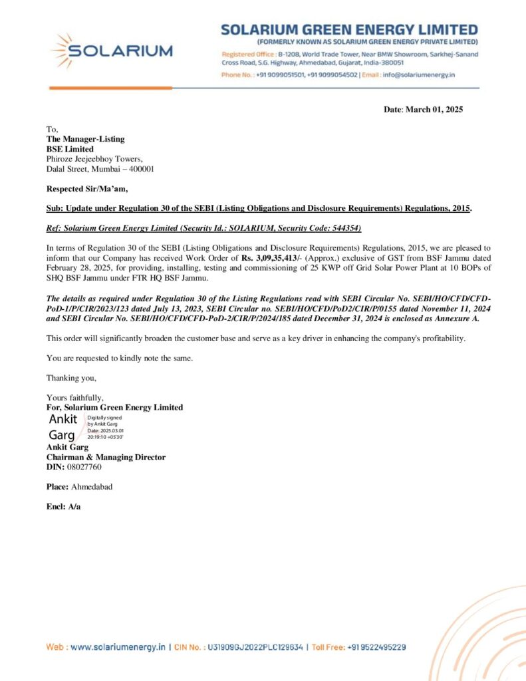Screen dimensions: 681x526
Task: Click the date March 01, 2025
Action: [x=436, y=109]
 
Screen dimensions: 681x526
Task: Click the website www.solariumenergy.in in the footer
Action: [x=117, y=646]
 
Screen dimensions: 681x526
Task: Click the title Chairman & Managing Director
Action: [x=106, y=458]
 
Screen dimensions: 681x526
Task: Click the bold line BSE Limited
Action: [x=70, y=149]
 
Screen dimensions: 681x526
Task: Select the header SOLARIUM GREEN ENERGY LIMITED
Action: [x=349, y=30]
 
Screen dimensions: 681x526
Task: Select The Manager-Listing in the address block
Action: [x=85, y=139]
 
